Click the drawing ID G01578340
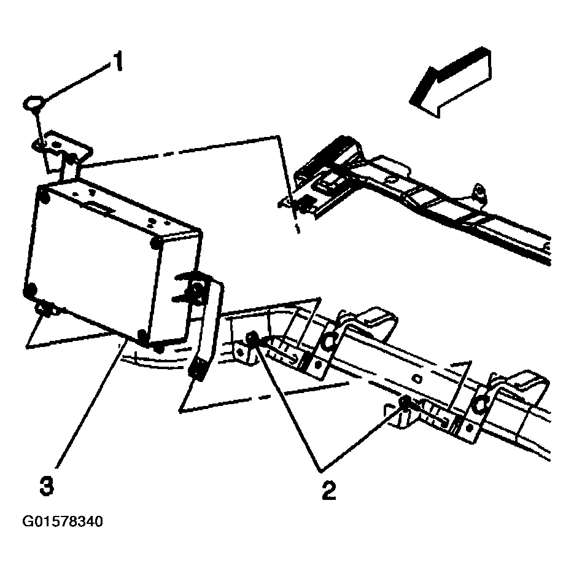(63, 522)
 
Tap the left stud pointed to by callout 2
(252, 338)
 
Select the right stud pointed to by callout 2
(405, 402)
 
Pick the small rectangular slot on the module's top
(100, 209)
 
